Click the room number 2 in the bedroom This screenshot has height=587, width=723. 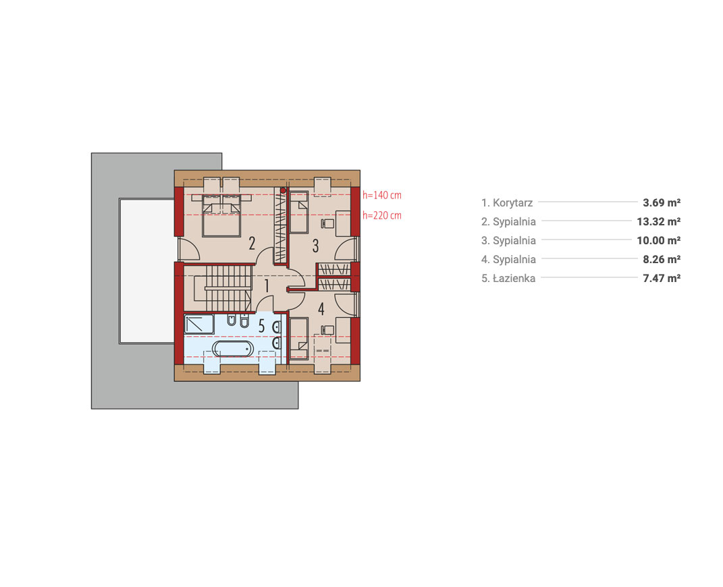252,244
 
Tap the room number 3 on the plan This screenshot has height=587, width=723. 315,246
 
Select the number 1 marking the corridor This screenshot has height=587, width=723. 267,285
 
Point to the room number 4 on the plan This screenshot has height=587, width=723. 321,309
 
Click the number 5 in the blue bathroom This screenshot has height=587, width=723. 261,326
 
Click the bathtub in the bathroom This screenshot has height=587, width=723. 233,349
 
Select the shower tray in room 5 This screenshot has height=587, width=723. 199,325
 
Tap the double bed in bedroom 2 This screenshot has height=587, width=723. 221,215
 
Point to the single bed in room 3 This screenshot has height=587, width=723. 299,212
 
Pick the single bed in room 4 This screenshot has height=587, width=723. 299,339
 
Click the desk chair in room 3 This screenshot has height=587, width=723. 327,223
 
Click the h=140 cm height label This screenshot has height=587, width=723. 382,196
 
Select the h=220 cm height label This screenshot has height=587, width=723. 382,216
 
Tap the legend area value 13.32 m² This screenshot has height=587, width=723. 658,221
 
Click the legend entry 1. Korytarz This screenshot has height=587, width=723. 507,202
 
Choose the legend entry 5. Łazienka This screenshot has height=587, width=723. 508,278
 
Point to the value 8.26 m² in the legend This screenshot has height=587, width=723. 662,259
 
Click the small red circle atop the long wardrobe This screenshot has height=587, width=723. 283,190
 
